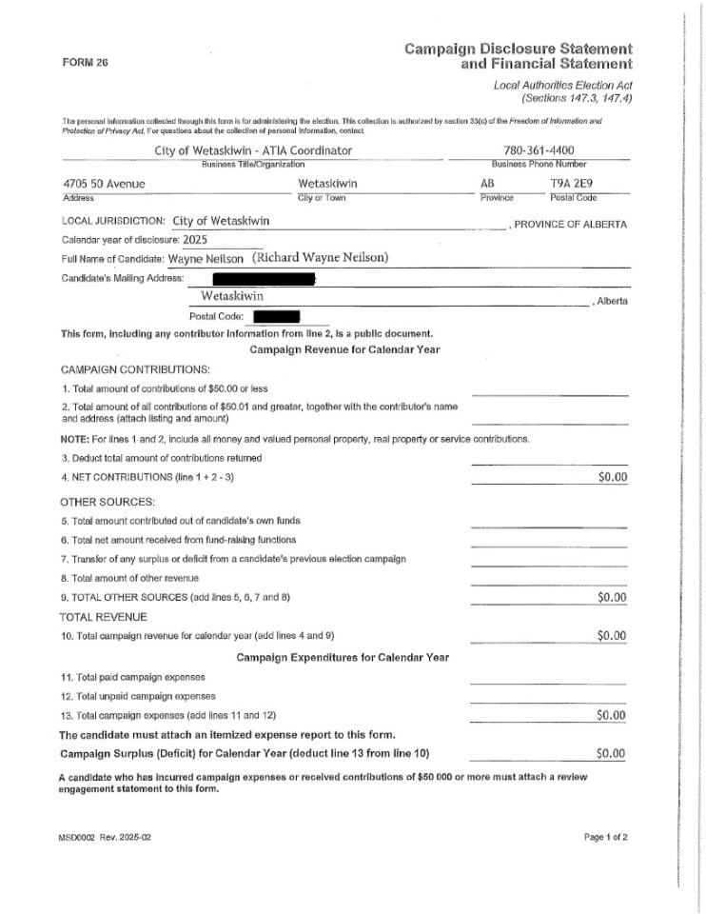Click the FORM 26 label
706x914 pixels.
click(x=85, y=63)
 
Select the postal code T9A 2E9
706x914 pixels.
click(x=573, y=185)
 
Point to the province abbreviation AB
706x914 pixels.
click(x=490, y=185)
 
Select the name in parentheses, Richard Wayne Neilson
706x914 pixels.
click(x=320, y=258)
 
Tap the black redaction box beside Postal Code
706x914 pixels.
click(x=276, y=316)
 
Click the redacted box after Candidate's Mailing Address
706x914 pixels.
click(x=263, y=278)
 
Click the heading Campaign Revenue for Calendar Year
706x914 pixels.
click(x=344, y=350)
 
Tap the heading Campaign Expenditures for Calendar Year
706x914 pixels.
click(x=343, y=658)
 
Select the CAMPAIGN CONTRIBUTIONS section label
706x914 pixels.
click(x=136, y=369)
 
